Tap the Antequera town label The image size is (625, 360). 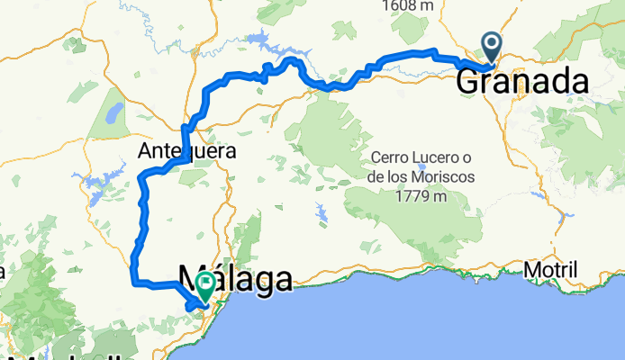point(187,151)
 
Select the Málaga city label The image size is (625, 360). point(236,279)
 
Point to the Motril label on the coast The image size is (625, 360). point(550,271)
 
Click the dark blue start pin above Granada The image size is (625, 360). point(492,45)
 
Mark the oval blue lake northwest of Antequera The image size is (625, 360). point(113,112)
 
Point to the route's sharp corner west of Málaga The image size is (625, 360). point(134,283)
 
